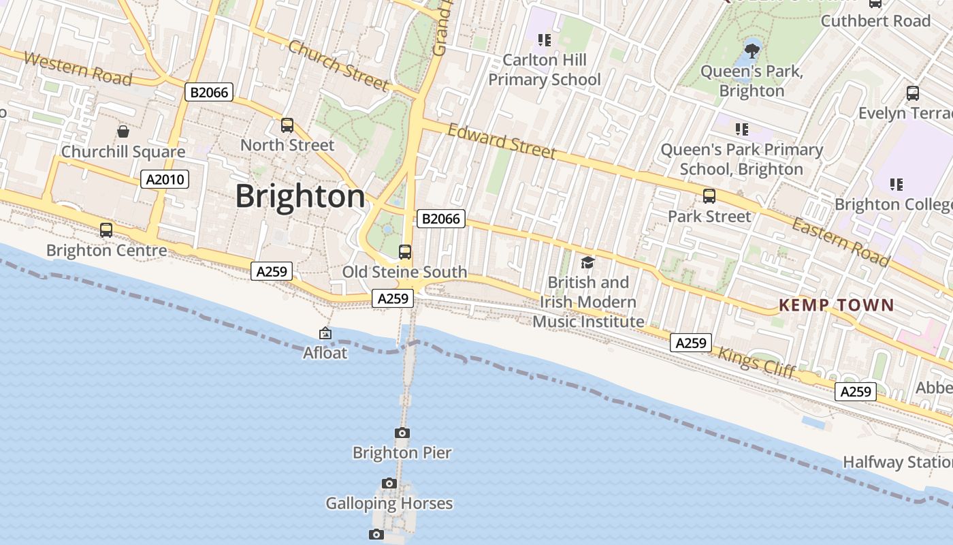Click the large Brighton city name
(x=300, y=196)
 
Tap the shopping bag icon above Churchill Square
(x=123, y=131)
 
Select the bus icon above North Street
(x=287, y=125)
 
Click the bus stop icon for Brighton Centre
(x=106, y=230)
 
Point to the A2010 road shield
(x=164, y=179)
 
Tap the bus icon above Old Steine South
(x=405, y=252)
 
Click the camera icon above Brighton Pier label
(x=402, y=433)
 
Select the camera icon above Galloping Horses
(x=389, y=483)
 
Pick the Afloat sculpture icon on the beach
(x=325, y=333)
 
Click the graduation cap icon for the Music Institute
(x=587, y=262)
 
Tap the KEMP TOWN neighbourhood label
(x=836, y=305)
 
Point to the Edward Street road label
(x=501, y=141)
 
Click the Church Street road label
(x=338, y=65)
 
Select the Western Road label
(x=77, y=68)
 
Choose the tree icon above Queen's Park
(x=752, y=50)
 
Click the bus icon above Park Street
(x=709, y=196)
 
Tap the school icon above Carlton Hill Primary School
(x=544, y=40)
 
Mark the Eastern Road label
(x=841, y=242)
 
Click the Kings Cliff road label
(x=756, y=361)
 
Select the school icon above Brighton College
(x=897, y=184)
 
